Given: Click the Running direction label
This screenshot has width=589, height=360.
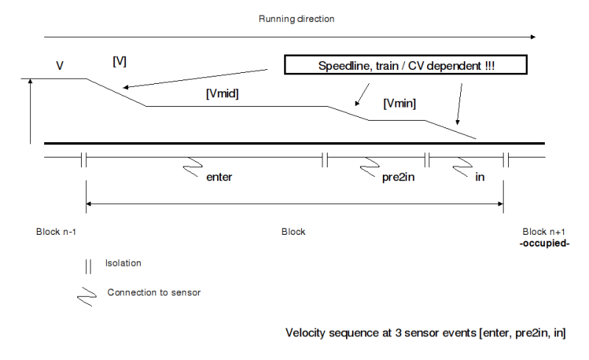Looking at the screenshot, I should (x=296, y=18).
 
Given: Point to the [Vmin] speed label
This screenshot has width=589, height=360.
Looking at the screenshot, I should (x=400, y=105).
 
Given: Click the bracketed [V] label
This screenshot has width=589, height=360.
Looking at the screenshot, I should (x=119, y=62).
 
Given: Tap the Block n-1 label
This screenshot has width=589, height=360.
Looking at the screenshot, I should (x=56, y=231).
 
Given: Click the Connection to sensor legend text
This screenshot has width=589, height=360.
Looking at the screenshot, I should (x=154, y=292).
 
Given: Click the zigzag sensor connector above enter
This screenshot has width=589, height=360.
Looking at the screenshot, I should (x=194, y=166).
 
